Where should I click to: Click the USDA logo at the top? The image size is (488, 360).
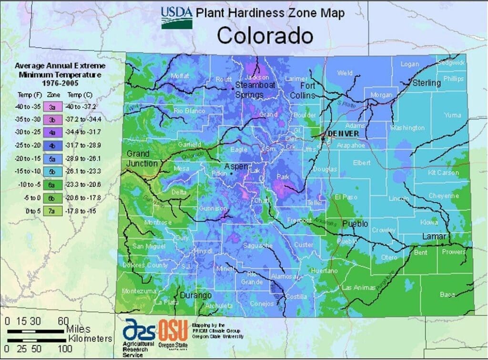177,17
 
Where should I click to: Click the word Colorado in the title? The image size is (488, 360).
265,36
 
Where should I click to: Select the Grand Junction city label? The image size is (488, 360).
142,159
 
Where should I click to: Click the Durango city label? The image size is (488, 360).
195,296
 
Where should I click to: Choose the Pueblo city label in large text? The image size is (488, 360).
355,224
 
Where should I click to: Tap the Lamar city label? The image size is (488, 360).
434,237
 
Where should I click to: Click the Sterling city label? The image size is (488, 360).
427,83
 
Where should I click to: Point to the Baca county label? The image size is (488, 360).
447,295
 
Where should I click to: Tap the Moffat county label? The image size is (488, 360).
180,76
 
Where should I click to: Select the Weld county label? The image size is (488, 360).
345,73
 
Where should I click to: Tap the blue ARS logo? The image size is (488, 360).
139,329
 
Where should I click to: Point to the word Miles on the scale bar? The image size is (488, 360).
79,329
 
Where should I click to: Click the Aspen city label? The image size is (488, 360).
237,166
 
